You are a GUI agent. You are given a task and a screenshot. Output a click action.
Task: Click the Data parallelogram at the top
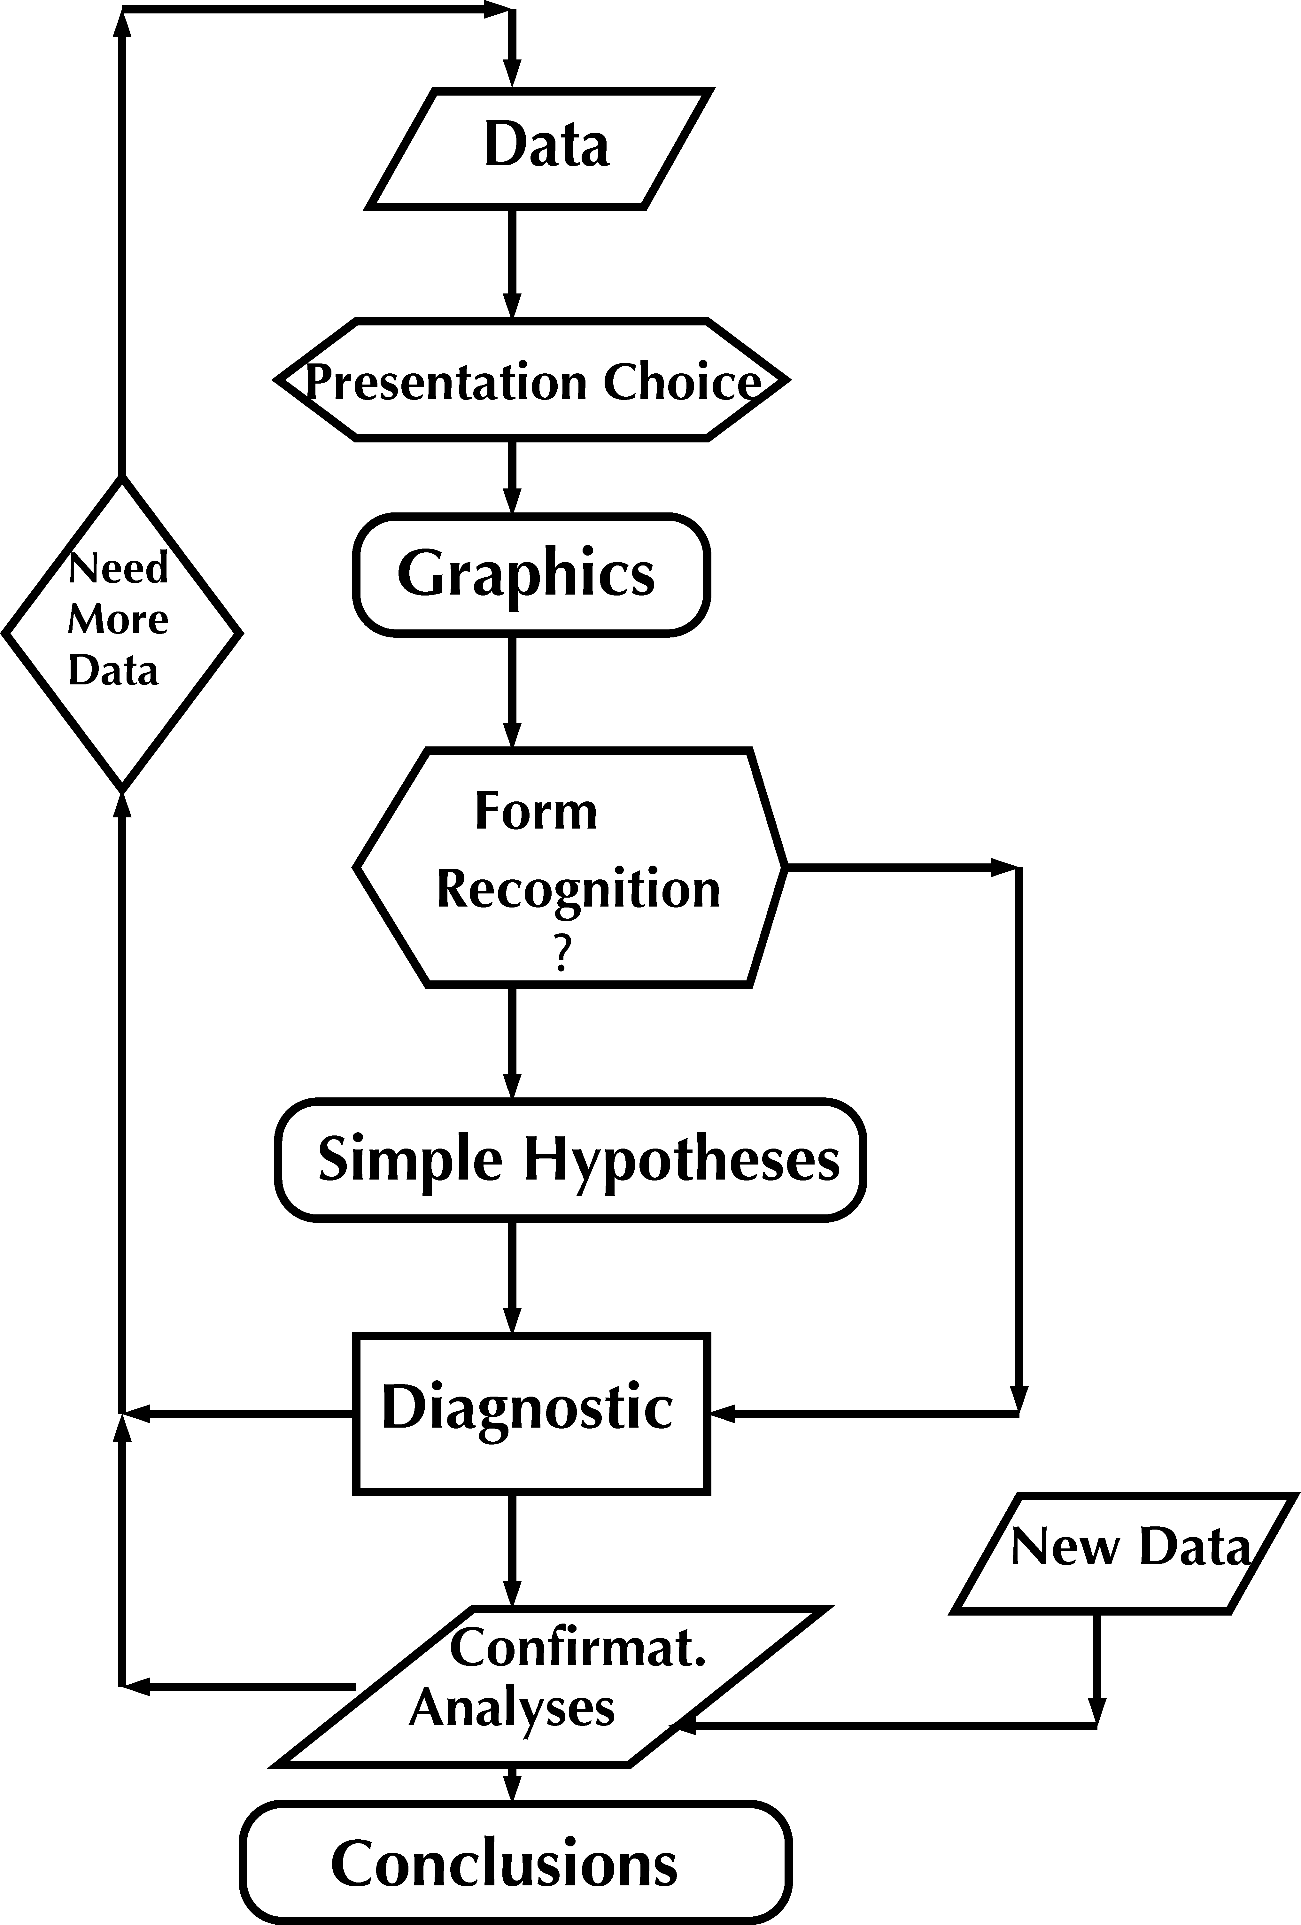[x=540, y=147]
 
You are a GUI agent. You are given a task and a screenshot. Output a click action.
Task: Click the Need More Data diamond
[x=122, y=634]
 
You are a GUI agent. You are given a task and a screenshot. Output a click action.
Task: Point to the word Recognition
[x=578, y=890]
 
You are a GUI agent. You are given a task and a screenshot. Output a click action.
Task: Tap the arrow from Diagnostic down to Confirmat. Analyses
[x=513, y=1549]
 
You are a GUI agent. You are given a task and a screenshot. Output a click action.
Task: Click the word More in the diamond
[x=118, y=620]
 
